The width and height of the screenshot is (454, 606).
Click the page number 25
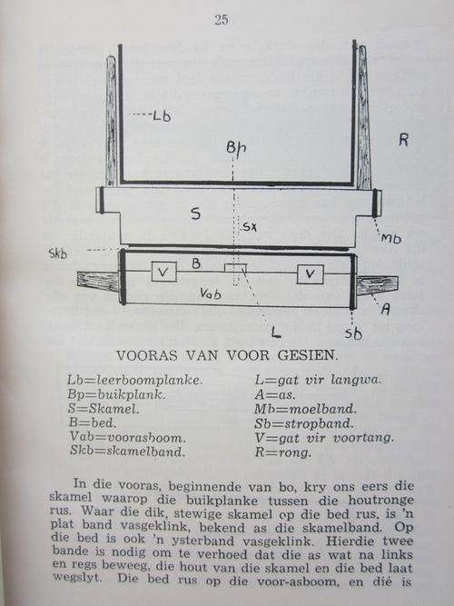222,20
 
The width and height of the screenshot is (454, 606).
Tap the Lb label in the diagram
162,115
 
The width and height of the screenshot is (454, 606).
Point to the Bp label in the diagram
236,147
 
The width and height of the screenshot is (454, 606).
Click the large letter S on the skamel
196,214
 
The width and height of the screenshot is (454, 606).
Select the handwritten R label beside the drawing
403,140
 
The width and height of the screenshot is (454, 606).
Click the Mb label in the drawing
391,238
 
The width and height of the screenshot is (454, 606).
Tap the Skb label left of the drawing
58,253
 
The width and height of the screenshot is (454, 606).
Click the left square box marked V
163,272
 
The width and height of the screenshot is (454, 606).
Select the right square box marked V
310,274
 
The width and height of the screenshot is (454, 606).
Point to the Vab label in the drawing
211,293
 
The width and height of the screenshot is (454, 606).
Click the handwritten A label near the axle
385,309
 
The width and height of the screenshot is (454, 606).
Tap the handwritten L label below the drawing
275,332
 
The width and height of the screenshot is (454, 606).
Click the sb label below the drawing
353,333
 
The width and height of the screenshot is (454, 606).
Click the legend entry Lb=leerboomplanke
134,381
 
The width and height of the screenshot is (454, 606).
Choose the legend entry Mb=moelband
305,409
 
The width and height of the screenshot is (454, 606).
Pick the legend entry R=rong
282,452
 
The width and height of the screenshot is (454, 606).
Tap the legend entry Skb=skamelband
127,451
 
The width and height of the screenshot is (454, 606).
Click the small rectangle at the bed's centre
236,267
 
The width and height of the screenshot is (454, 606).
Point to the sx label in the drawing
250,227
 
